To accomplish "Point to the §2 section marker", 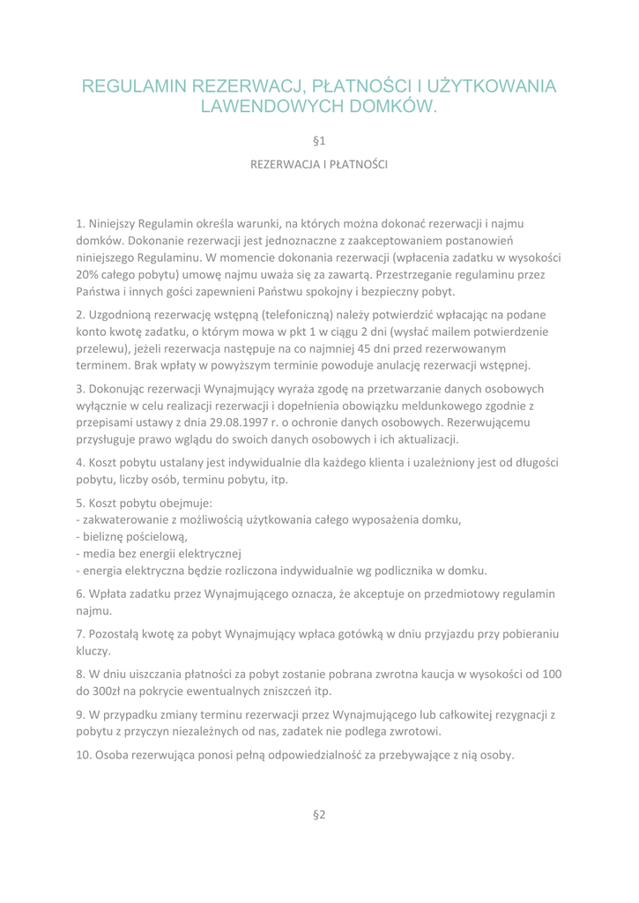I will pyautogui.click(x=319, y=838).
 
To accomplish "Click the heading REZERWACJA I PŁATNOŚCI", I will pyautogui.click(x=319, y=165).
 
